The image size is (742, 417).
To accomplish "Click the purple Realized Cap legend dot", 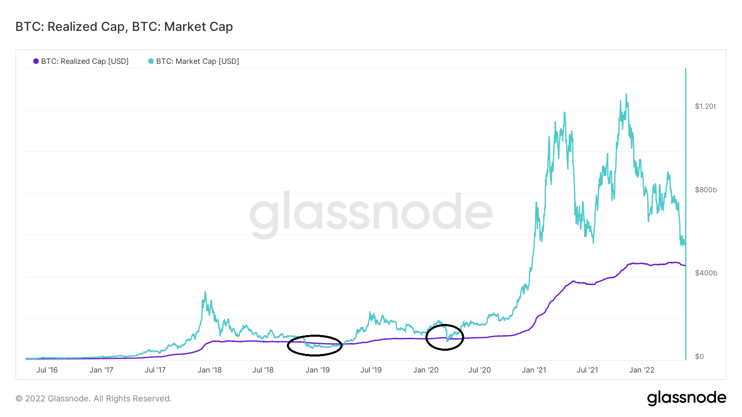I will [36, 61].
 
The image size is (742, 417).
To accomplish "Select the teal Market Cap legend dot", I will [151, 61].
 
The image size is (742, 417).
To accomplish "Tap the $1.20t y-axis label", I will [705, 106].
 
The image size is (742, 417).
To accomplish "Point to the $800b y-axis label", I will [706, 190].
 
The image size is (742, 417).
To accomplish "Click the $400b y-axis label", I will [706, 273].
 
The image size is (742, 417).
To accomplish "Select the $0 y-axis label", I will [699, 356].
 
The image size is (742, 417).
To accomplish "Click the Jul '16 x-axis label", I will [47, 370].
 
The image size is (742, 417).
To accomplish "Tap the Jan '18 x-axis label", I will [209, 370].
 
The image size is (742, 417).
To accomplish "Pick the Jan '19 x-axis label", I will [317, 370].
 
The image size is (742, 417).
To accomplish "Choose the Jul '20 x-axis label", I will [479, 370].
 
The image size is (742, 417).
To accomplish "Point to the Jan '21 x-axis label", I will [534, 370].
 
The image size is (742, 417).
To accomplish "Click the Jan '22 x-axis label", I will [641, 370].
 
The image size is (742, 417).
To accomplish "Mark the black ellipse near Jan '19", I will [315, 345].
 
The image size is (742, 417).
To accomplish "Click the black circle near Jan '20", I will [445, 337].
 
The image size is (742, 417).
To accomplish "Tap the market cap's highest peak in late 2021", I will [626, 95].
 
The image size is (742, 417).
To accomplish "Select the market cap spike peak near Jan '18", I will [205, 293].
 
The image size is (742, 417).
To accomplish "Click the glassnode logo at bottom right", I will [686, 398].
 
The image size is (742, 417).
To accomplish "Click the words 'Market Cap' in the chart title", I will [198, 27].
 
